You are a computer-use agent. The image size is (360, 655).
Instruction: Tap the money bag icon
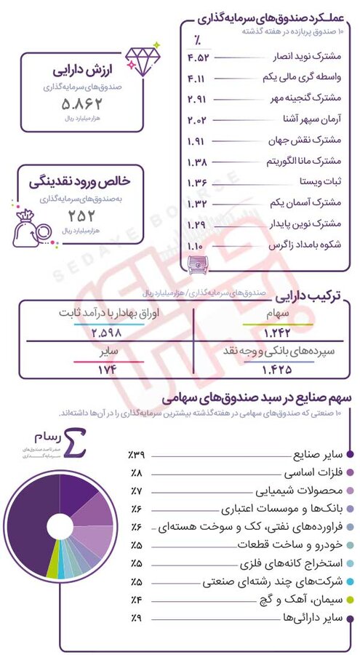click(30, 226)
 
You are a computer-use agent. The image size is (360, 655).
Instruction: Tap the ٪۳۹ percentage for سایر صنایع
click(137, 455)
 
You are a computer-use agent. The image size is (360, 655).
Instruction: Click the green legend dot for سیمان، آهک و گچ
click(351, 600)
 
